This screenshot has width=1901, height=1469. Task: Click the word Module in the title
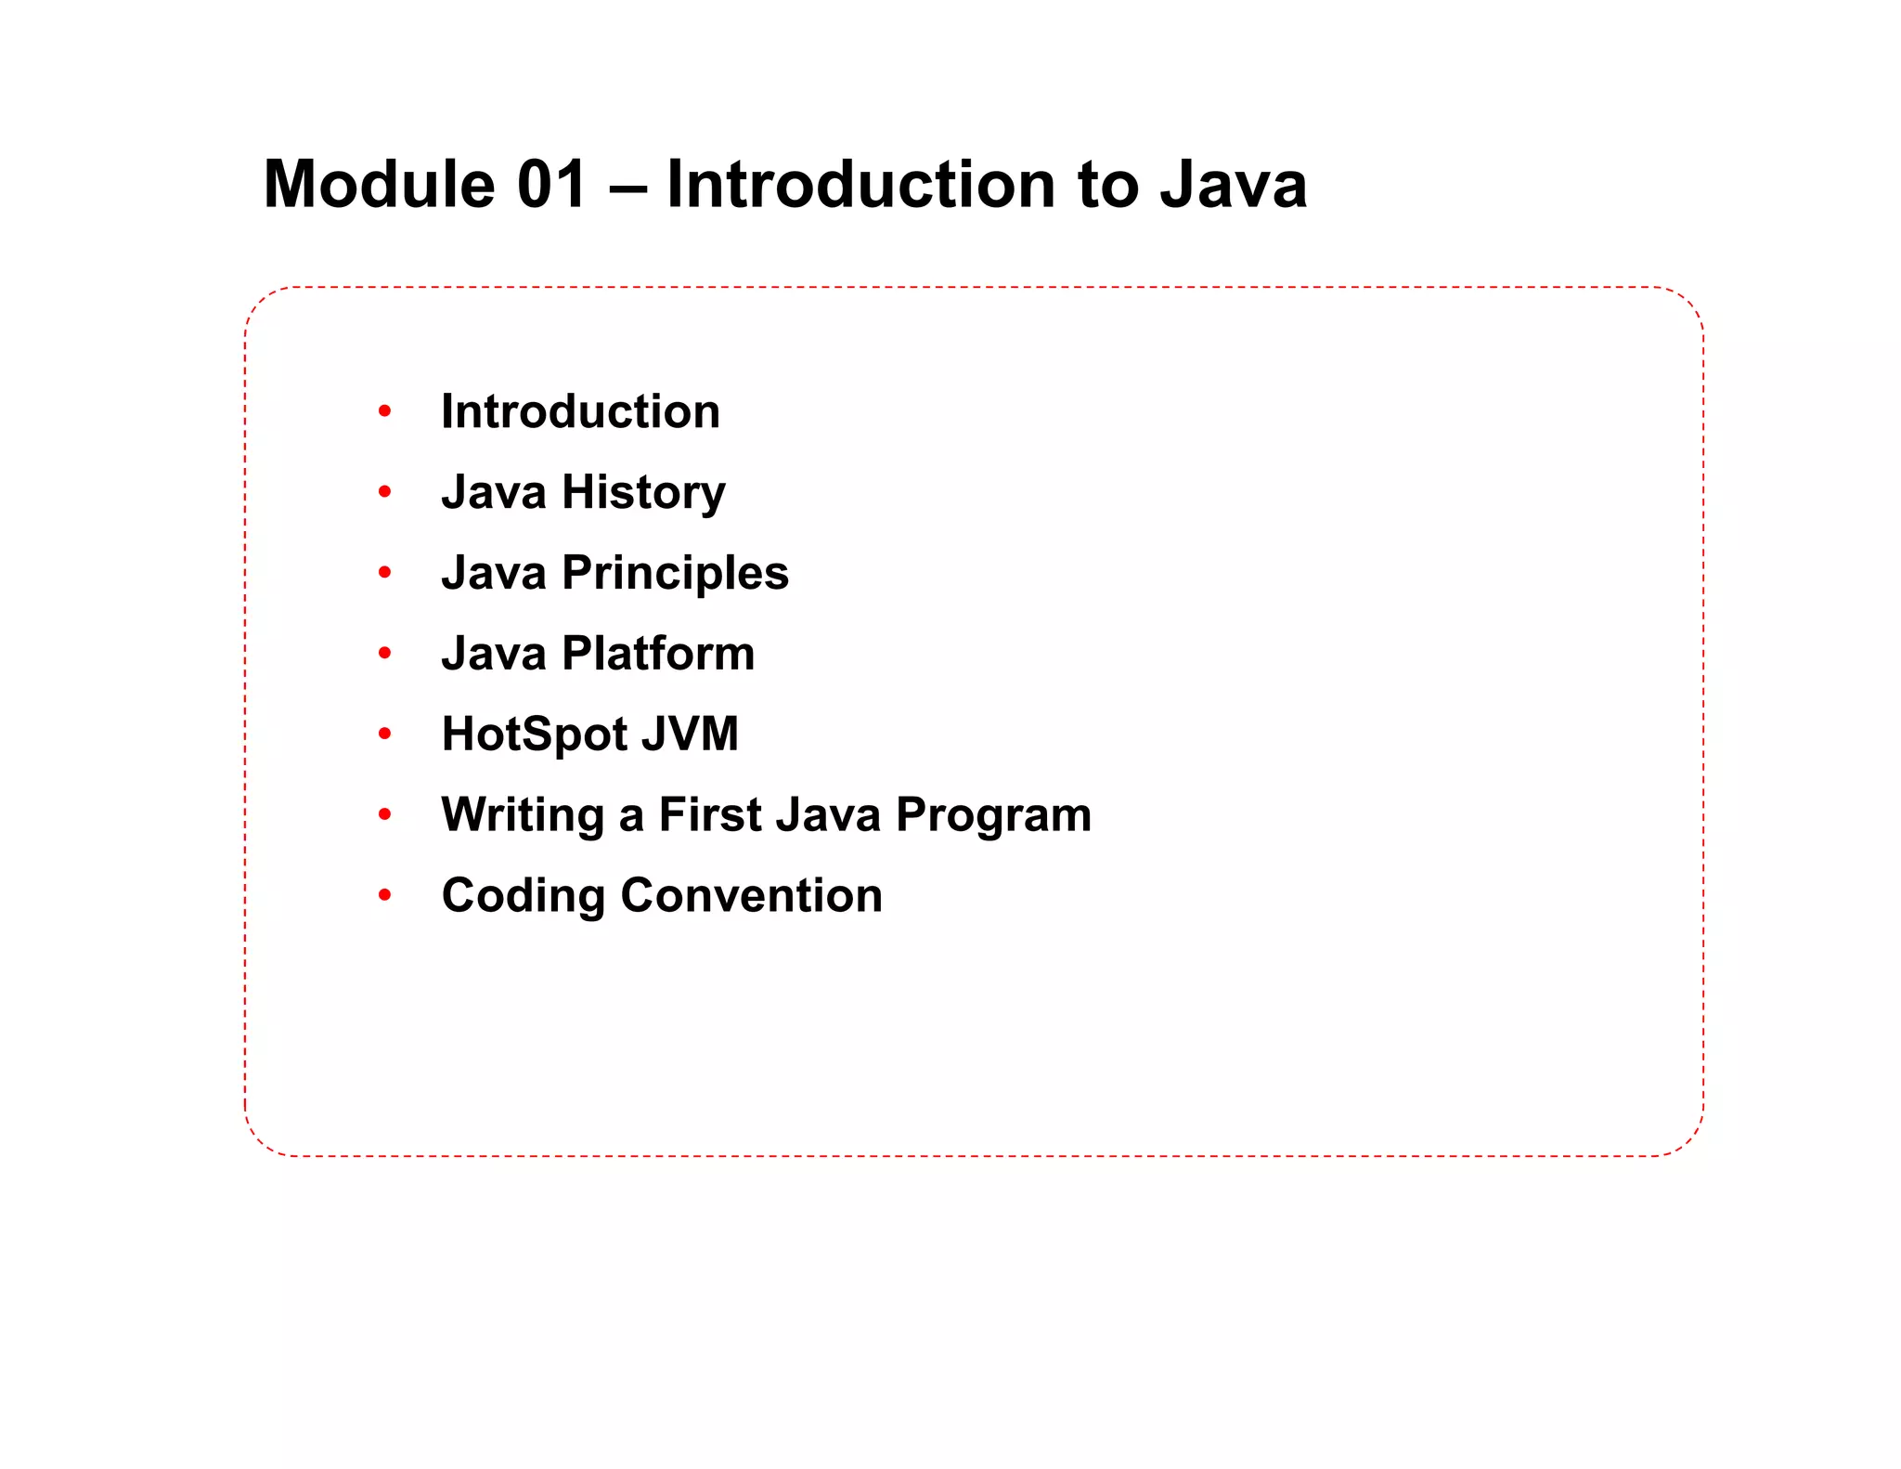pos(379,184)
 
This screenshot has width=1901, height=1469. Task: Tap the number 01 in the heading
pos(551,184)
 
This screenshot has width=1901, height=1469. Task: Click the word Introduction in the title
pos(860,184)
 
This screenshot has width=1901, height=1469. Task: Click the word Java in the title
pos(1234,184)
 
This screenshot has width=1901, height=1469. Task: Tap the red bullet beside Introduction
pos(385,411)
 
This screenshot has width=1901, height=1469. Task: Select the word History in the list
pos(643,493)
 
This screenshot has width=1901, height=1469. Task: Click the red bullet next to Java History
pos(385,492)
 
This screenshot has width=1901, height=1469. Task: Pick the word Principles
pos(675,574)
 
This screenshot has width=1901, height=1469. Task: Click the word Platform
pos(658,654)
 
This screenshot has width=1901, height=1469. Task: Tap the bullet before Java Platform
pos(385,654)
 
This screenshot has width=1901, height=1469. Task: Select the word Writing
pos(523,816)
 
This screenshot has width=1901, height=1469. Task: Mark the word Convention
pos(751,896)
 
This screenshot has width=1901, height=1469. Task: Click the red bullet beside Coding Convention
pos(385,896)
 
